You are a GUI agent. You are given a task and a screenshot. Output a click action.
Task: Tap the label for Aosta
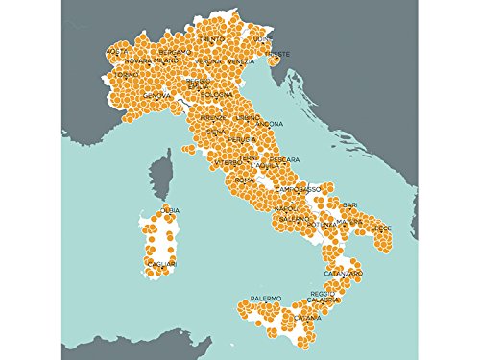pos(116,50)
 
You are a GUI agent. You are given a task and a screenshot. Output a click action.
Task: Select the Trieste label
pos(276,54)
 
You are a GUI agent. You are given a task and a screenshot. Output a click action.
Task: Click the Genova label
pos(156,95)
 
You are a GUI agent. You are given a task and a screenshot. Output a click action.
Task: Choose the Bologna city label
pos(216,94)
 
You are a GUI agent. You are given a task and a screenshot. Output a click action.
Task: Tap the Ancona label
pos(270,123)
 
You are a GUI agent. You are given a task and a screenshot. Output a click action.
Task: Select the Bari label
pos(349,204)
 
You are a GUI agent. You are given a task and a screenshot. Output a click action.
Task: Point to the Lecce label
pos(382,228)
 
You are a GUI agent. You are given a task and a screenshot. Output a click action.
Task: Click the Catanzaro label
pos(343,274)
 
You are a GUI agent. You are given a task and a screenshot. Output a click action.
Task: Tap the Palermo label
pos(266,299)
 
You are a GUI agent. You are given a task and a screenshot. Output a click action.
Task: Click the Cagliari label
pos(159,262)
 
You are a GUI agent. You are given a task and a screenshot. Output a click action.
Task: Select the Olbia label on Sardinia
pos(169,209)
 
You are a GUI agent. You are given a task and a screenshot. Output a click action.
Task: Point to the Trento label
pos(215,38)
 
